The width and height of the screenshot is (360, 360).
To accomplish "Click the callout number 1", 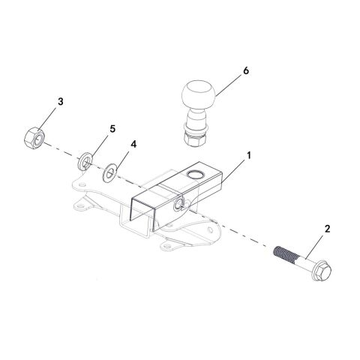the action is (248, 155).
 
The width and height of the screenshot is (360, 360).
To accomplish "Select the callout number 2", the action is (327, 229).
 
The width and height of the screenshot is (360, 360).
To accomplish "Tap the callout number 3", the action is (61, 102).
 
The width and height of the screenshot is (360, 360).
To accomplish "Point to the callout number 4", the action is (133, 144).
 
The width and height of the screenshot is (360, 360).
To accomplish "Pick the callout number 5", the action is (112, 129).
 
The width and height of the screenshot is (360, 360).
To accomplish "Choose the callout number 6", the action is (246, 71).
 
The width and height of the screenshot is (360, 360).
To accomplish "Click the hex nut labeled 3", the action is (34, 138).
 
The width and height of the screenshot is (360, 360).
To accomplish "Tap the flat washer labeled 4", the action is (109, 172).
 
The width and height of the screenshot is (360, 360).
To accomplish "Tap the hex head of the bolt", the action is (321, 271).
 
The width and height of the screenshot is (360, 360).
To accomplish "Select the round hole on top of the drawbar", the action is (195, 175).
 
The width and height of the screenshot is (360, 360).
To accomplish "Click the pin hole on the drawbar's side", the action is (179, 204).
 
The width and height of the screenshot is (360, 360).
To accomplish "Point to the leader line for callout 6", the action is (229, 84).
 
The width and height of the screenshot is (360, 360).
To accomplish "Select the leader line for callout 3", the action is (49, 118).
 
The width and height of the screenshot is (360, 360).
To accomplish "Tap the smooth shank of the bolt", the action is (304, 261).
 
